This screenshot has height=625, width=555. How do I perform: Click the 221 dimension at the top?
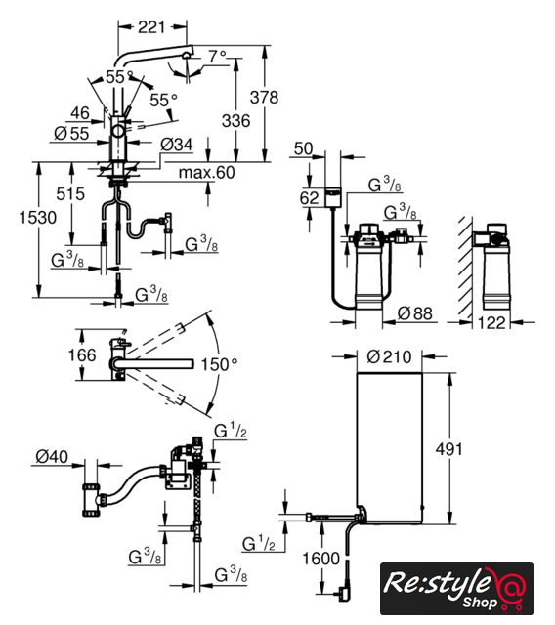151,27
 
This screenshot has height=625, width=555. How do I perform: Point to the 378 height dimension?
265,97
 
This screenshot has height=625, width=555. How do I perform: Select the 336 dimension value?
236,120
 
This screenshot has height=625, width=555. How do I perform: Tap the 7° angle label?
217,56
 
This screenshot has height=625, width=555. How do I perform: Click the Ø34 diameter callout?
177,145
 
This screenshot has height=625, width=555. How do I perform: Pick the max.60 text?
207,172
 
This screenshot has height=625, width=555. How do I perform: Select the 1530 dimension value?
38,218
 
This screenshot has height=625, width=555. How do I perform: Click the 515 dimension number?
70,194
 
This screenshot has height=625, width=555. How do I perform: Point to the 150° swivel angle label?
219,364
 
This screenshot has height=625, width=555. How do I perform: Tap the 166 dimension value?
82,354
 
